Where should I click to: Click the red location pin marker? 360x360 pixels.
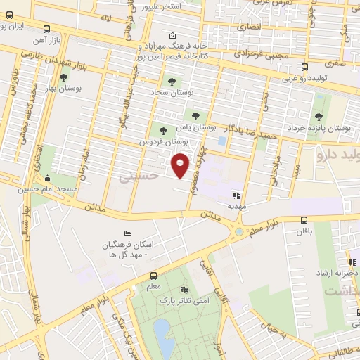click(x=181, y=165)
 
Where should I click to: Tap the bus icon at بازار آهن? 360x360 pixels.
click(x=46, y=29)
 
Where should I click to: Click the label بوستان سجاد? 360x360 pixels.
click(x=171, y=92)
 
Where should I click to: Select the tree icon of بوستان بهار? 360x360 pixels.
click(x=64, y=78)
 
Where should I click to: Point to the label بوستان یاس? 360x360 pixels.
click(x=195, y=127)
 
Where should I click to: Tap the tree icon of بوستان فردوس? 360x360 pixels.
click(x=163, y=130)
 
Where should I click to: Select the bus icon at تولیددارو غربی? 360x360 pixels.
click(x=304, y=67)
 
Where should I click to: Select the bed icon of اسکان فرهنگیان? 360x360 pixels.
click(x=127, y=233)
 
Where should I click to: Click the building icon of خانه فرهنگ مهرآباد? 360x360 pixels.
click(x=173, y=36)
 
